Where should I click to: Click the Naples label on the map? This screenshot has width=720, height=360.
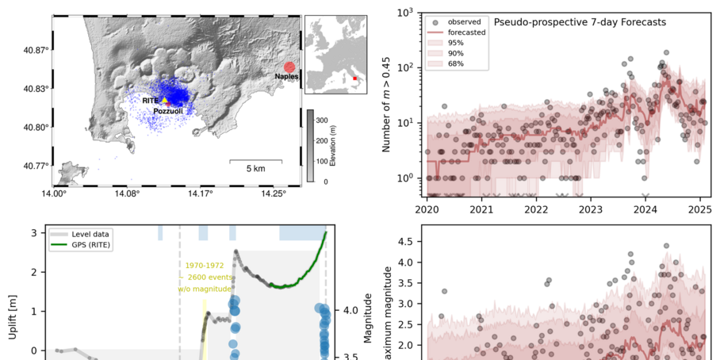[286, 77]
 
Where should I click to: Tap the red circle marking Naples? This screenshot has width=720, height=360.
[289, 67]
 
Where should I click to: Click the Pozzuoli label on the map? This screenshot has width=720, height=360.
[169, 112]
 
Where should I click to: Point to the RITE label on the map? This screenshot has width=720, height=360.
[150, 101]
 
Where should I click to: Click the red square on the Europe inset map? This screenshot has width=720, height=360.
[354, 79]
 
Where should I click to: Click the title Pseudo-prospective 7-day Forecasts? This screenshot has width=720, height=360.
[580, 22]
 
